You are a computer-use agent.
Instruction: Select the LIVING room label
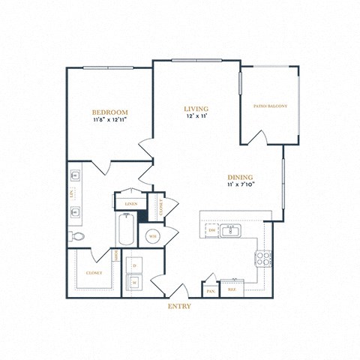tap(196, 109)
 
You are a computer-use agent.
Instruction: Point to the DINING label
tap(241, 177)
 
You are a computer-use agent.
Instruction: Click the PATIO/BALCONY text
tap(270, 106)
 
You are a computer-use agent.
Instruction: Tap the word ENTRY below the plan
tap(180, 306)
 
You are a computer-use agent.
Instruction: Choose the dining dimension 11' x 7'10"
tap(241, 185)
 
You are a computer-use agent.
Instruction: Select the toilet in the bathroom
tap(77, 235)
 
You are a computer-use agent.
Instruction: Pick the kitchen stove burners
tap(264, 259)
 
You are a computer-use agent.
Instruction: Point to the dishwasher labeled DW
tap(212, 230)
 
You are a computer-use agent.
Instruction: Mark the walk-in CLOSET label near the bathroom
tap(94, 273)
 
